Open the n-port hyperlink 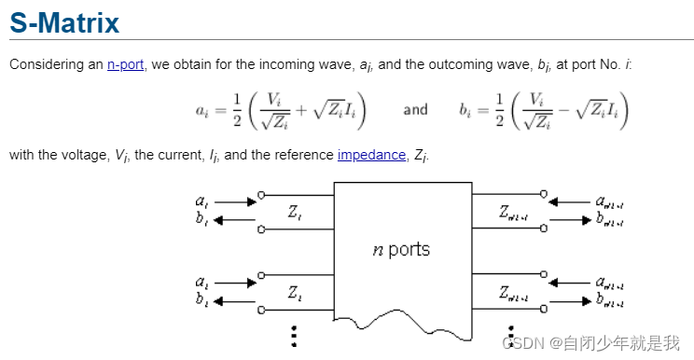coord(125,64)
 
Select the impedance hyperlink coord(370,155)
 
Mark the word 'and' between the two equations coord(415,110)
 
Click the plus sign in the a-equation coord(301,111)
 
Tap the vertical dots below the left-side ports coord(294,335)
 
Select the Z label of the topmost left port coord(294,213)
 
